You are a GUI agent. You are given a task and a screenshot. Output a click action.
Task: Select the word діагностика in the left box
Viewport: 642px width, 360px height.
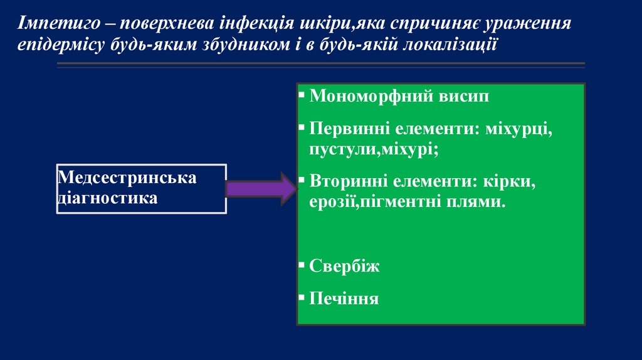click(x=107, y=198)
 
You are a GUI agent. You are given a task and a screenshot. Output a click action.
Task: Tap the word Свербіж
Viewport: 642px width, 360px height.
click(x=344, y=266)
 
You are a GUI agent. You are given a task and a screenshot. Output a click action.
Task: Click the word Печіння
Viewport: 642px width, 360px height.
click(x=344, y=297)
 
